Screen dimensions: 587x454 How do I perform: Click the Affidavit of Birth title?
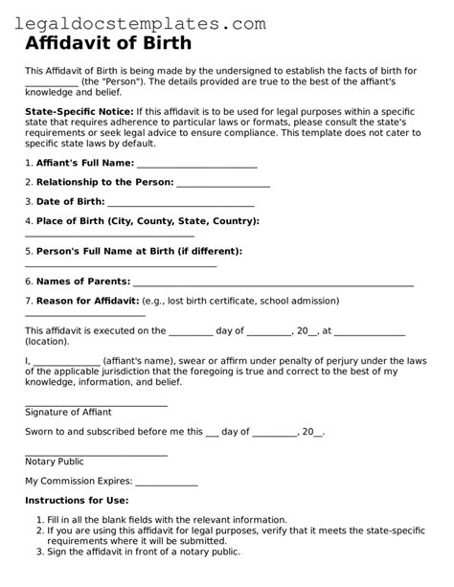pos(107,43)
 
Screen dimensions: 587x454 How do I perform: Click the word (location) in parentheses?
pos(47,341)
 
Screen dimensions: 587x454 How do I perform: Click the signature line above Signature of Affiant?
pos(96,404)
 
